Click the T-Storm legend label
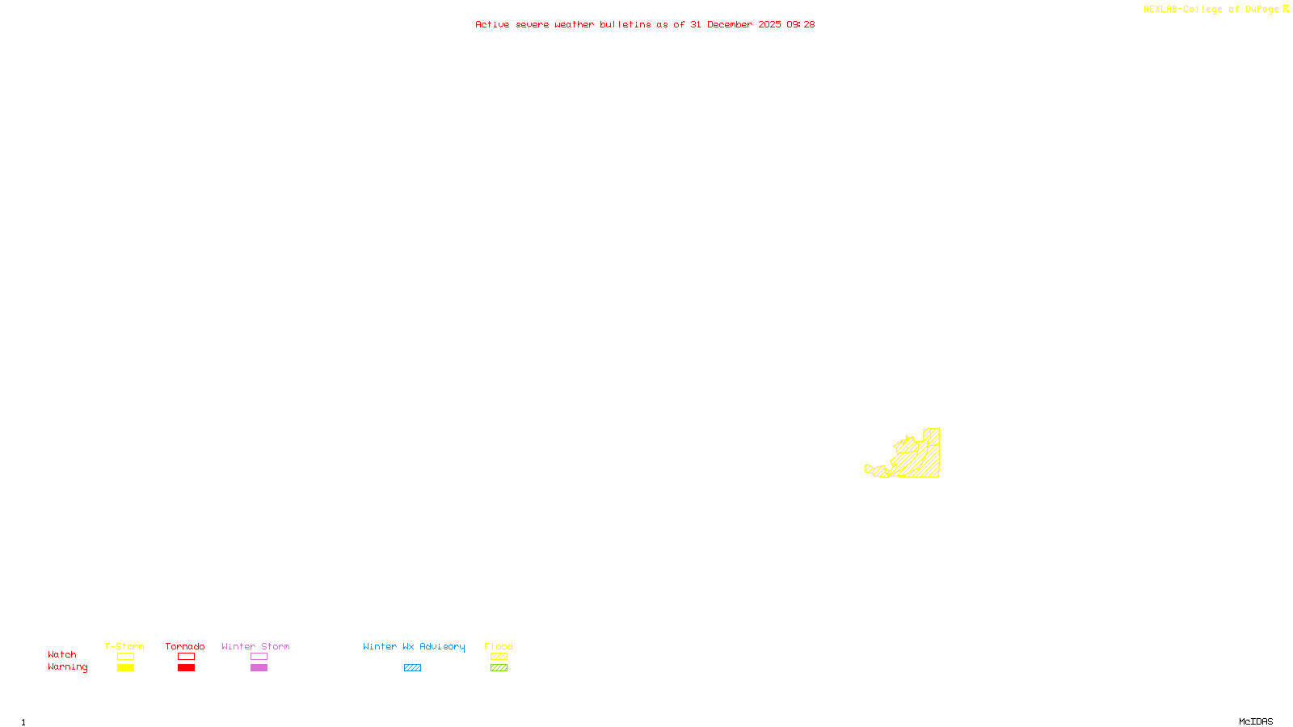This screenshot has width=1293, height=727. click(124, 646)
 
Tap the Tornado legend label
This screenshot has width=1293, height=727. click(185, 646)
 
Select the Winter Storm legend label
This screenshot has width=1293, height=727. click(255, 646)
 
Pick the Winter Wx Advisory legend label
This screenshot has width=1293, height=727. click(414, 646)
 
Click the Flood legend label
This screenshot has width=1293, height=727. click(499, 646)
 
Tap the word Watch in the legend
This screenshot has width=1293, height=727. click(62, 655)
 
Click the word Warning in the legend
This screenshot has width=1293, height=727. click(68, 667)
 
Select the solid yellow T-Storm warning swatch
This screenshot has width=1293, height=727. click(125, 668)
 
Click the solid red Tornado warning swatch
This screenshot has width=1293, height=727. click(186, 668)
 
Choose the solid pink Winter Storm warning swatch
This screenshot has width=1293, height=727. click(259, 668)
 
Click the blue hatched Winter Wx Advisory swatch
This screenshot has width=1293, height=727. click(412, 668)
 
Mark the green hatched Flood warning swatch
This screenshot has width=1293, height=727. click(499, 668)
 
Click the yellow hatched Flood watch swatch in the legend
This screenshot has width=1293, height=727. click(499, 657)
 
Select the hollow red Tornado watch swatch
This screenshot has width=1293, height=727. click(186, 657)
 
